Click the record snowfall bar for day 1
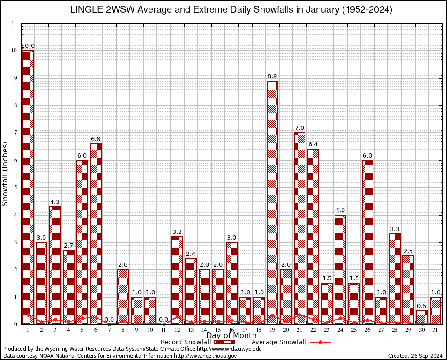tap(28, 187)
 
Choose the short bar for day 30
tap(422, 317)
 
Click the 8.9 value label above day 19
tap(272, 76)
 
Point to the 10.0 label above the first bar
tap(28, 46)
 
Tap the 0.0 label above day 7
tap(109, 320)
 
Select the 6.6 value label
tap(96, 139)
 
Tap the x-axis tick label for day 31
tap(435, 330)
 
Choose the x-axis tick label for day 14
tap(204, 330)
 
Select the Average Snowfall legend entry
tap(278, 342)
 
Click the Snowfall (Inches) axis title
tap(5, 173)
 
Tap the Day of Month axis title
tap(231, 335)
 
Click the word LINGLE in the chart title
tap(86, 10)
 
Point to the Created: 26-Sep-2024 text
tap(415, 356)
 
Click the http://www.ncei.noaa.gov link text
tap(205, 356)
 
